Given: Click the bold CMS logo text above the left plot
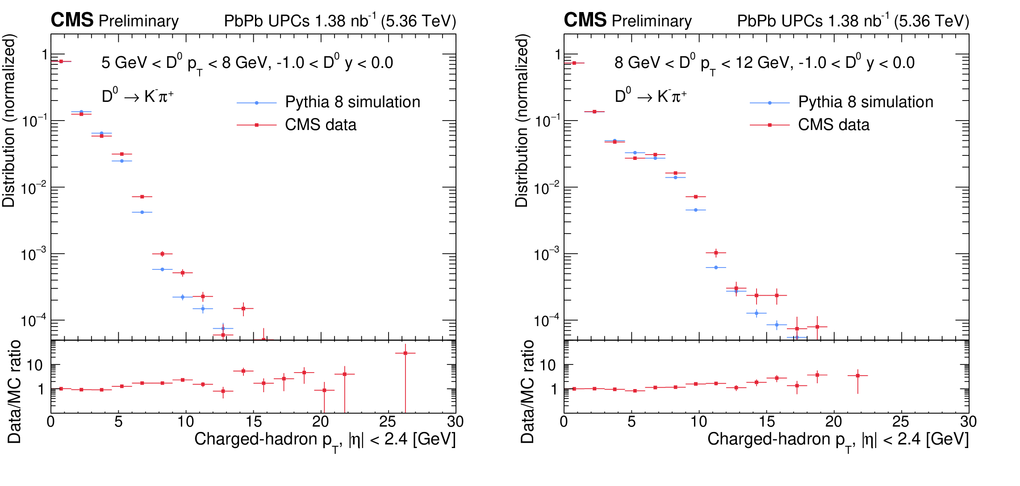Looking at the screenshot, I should pyautogui.click(x=72, y=20).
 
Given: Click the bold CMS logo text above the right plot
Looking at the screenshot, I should pyautogui.click(x=585, y=20).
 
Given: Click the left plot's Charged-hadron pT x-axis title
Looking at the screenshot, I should pyautogui.click(x=325, y=440).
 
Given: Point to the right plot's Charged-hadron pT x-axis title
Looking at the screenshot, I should pyautogui.click(x=838, y=440).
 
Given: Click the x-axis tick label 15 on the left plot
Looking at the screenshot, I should pyautogui.click(x=253, y=421).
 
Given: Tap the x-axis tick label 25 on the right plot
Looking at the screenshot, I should pyautogui.click(x=901, y=421).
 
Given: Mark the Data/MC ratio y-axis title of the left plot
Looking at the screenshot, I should pyautogui.click(x=14, y=392).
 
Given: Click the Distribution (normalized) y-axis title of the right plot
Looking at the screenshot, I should pyautogui.click(x=521, y=121).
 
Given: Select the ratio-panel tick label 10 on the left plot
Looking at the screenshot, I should pyautogui.click(x=35, y=365).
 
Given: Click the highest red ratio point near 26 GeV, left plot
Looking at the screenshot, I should pyautogui.click(x=405, y=353).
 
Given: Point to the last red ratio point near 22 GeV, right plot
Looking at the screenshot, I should pyautogui.click(x=857, y=376).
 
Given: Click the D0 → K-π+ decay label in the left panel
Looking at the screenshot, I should pyautogui.click(x=138, y=96).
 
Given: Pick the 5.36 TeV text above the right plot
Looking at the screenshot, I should pyautogui.click(x=932, y=21).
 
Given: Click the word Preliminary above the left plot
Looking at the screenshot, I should pyautogui.click(x=138, y=21).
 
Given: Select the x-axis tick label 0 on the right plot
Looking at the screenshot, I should pyautogui.click(x=564, y=421).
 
